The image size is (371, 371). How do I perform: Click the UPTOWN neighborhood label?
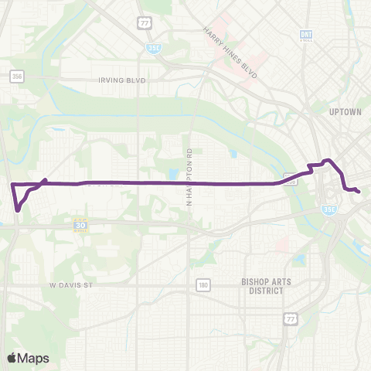345,111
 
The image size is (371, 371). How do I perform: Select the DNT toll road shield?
306,36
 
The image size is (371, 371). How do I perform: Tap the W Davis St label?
71,284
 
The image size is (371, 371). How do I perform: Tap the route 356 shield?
16,76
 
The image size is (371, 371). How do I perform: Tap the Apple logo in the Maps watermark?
12,358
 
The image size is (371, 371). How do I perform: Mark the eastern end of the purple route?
359,190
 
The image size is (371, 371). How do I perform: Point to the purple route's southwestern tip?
17,209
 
